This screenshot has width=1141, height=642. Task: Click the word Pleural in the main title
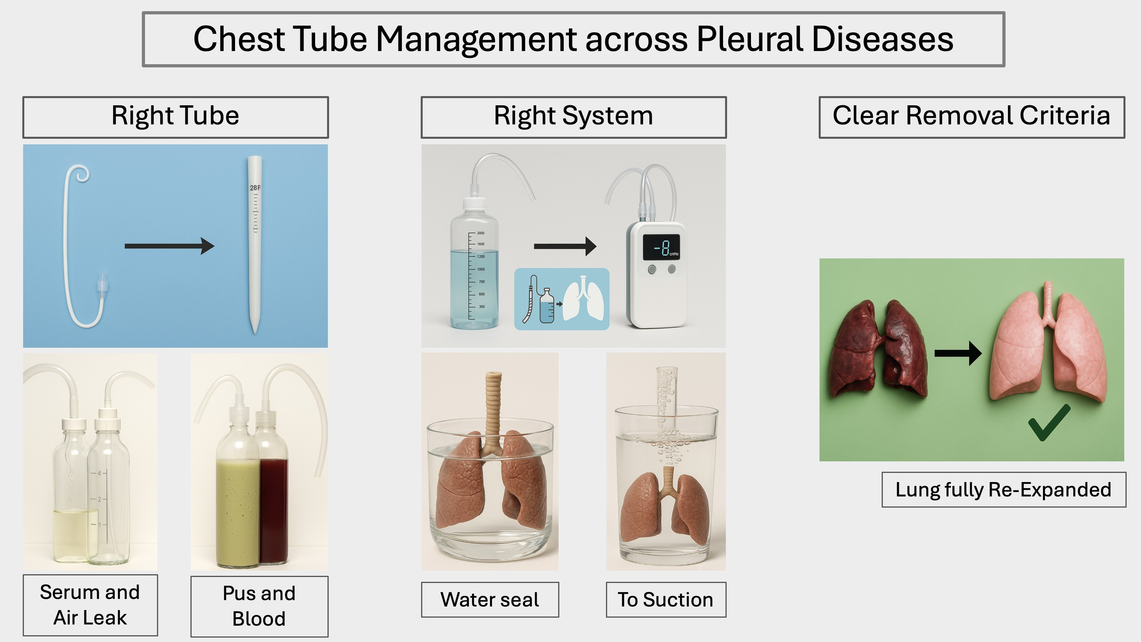[x=749, y=39]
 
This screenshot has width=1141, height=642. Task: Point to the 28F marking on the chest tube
[x=255, y=188]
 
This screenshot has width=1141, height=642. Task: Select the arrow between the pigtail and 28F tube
[x=169, y=246]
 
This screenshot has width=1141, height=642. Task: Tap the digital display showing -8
[x=661, y=247]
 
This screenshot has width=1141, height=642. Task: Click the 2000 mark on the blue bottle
[x=480, y=233]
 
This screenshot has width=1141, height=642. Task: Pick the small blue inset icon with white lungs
[x=562, y=299]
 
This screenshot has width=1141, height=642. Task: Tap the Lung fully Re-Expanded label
[x=1003, y=490]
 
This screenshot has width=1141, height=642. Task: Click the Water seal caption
[x=490, y=599]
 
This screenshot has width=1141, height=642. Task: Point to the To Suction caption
[x=666, y=599]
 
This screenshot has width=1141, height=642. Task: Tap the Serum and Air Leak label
[x=90, y=605]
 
